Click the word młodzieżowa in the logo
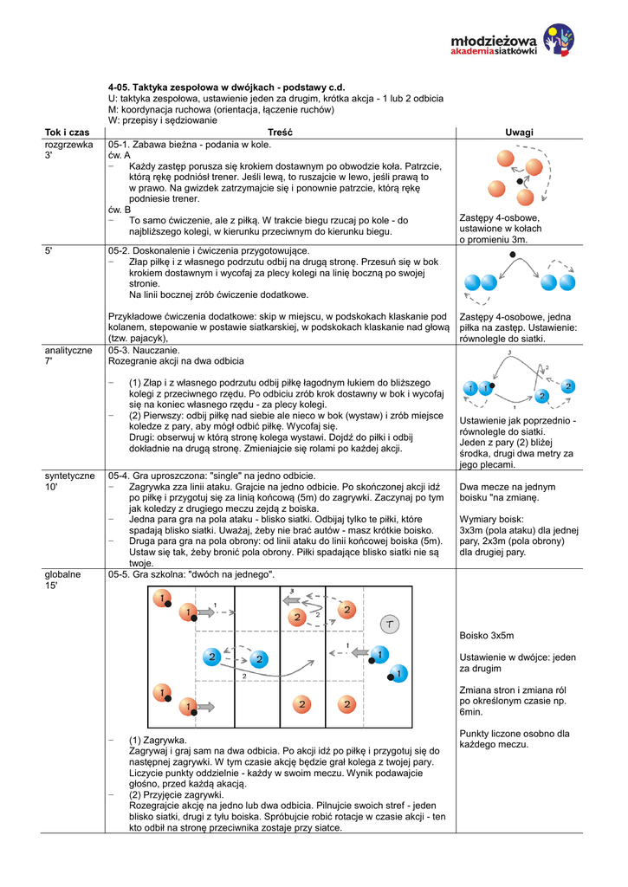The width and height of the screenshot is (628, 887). tap(495, 40)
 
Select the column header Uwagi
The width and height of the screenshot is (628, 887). tap(520, 132)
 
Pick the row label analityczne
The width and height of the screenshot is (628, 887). tap(68, 350)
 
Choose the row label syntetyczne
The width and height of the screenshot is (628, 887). tap(70, 476)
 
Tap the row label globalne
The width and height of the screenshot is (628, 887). tap(62, 574)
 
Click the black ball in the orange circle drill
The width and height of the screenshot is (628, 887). tap(520, 183)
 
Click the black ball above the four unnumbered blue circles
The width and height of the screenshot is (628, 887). tap(514, 255)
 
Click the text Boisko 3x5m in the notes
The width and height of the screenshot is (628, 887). tap(487, 636)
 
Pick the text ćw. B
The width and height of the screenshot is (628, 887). tap(120, 210)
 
